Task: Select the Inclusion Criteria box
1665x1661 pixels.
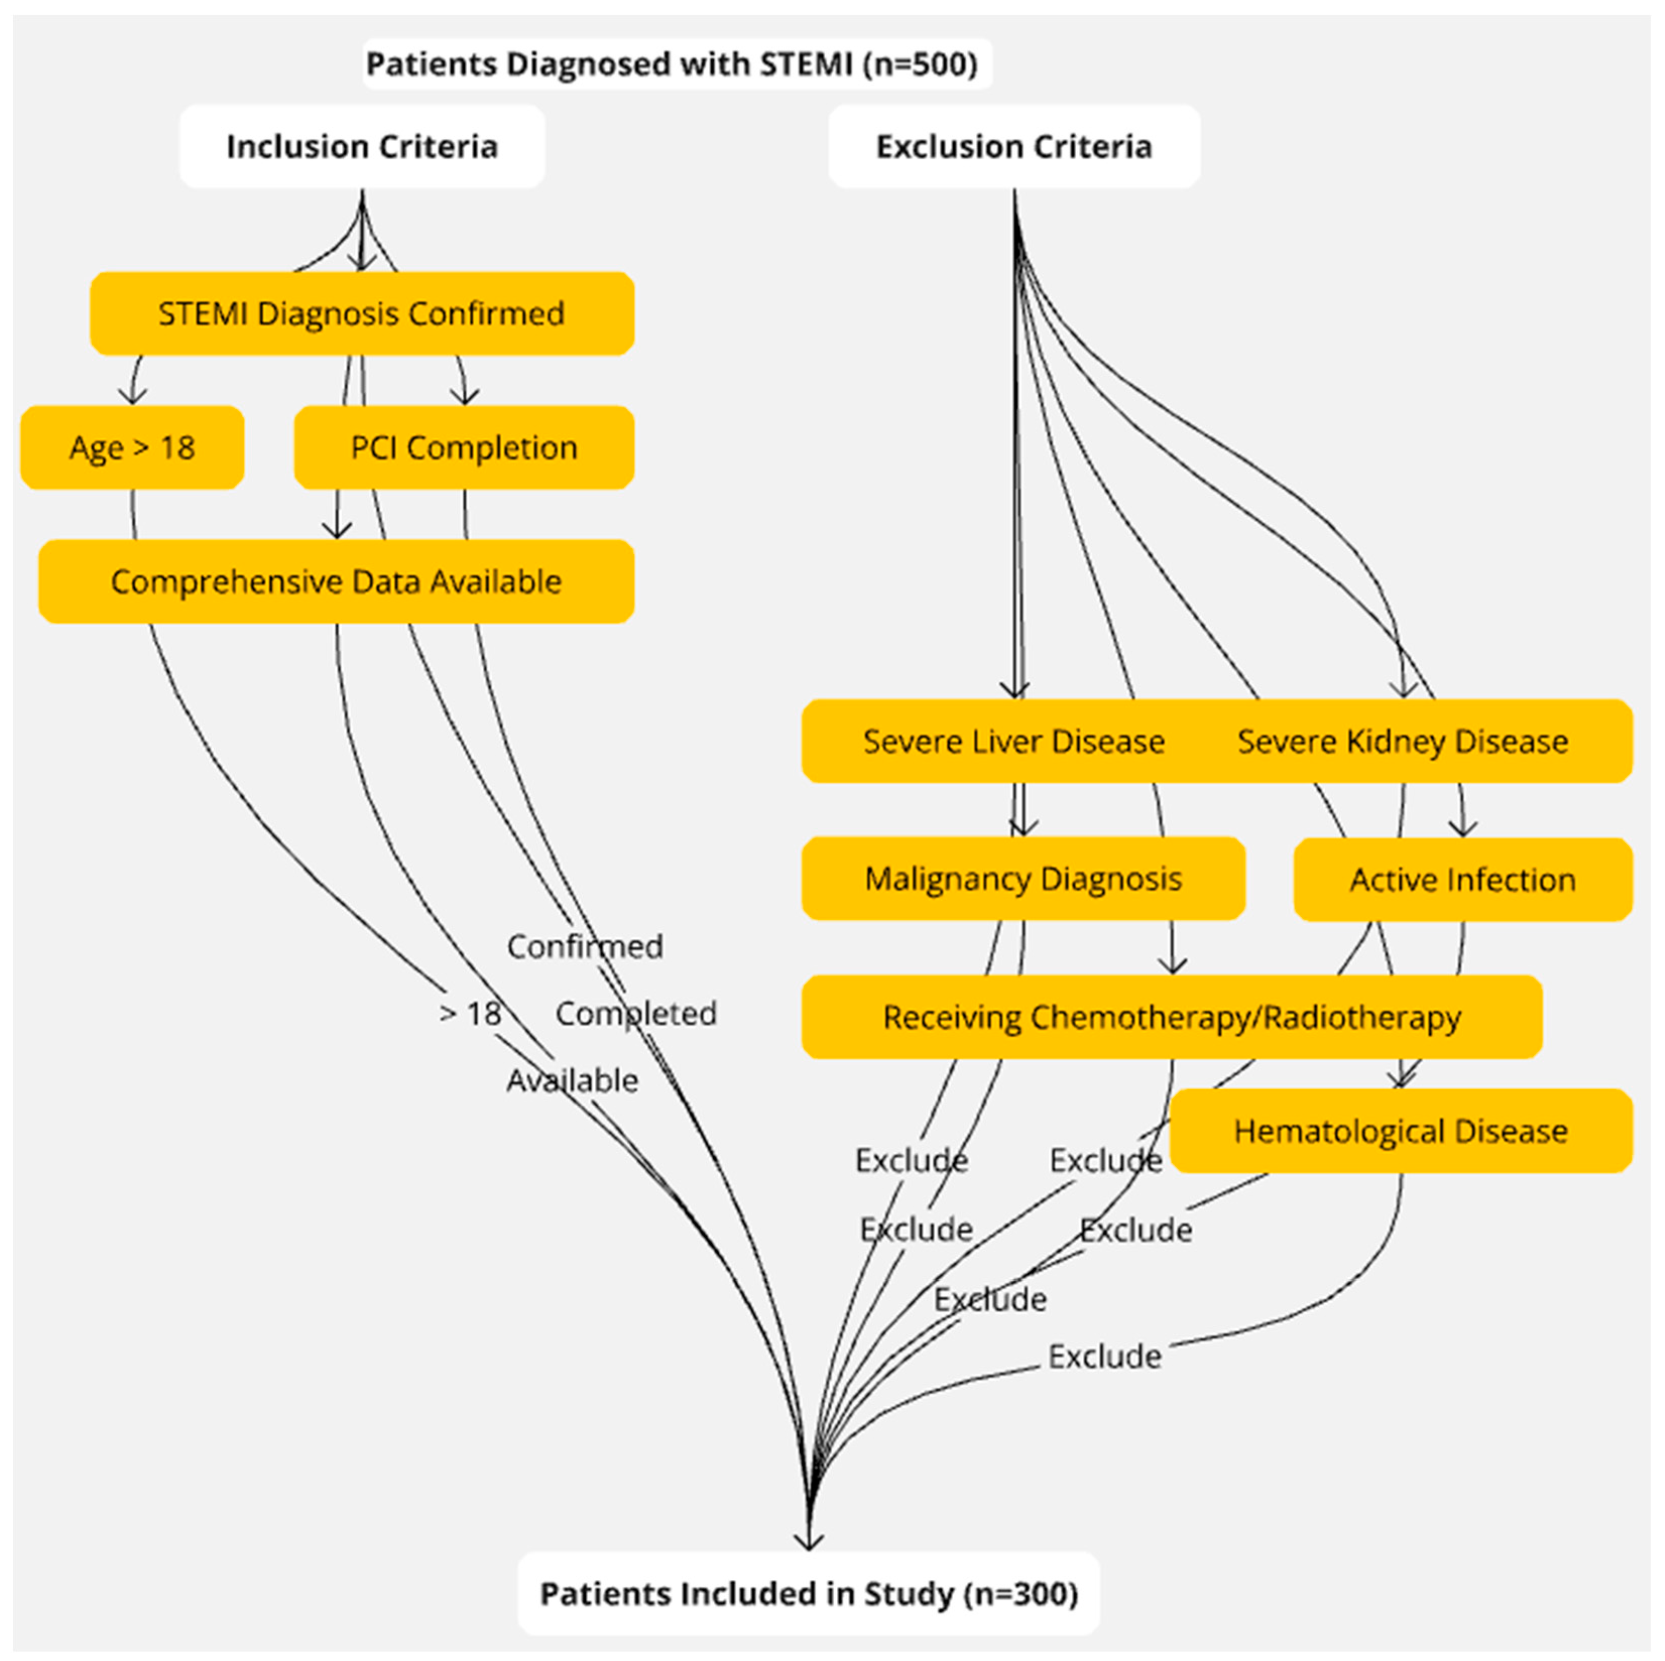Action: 362,147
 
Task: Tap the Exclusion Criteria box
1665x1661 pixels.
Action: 1014,147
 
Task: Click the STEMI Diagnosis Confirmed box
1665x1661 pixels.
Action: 362,314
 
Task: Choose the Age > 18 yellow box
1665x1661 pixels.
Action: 132,447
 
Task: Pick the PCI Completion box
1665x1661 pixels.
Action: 464,447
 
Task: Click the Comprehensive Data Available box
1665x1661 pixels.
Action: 336,582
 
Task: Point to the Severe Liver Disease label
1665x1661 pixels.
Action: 1014,741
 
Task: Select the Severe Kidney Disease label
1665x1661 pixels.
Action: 1402,741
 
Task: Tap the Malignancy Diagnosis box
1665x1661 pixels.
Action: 1023,878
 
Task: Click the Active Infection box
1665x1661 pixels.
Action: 1462,879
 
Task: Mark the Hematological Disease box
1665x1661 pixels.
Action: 1400,1131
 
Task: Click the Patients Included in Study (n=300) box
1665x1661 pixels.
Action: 809,1594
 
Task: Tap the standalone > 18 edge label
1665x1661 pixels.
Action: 470,1013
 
